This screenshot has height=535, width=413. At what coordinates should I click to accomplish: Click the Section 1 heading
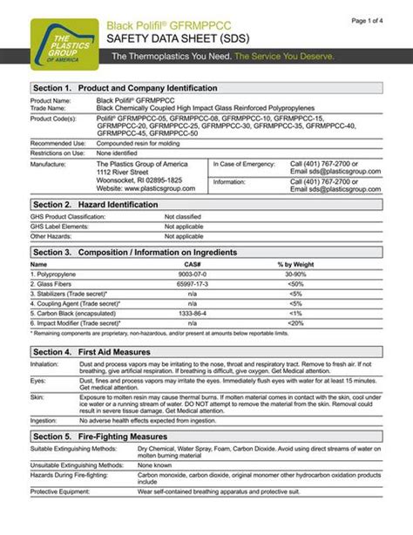pyautogui.click(x=125, y=90)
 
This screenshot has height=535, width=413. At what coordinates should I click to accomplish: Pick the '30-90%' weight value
pyautogui.click(x=296, y=274)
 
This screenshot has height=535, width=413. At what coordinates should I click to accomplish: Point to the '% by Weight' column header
pyautogui.click(x=296, y=263)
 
